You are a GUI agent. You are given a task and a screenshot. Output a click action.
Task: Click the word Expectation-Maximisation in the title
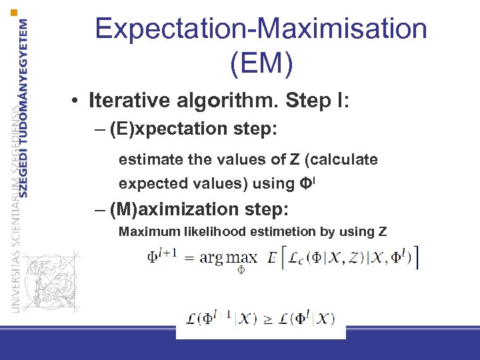(261, 29)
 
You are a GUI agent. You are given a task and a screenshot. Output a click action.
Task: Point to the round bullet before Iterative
(78, 102)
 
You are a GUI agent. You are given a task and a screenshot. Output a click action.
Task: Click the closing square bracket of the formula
(417, 257)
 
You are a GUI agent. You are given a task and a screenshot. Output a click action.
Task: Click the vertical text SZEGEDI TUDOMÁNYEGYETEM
(23, 107)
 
